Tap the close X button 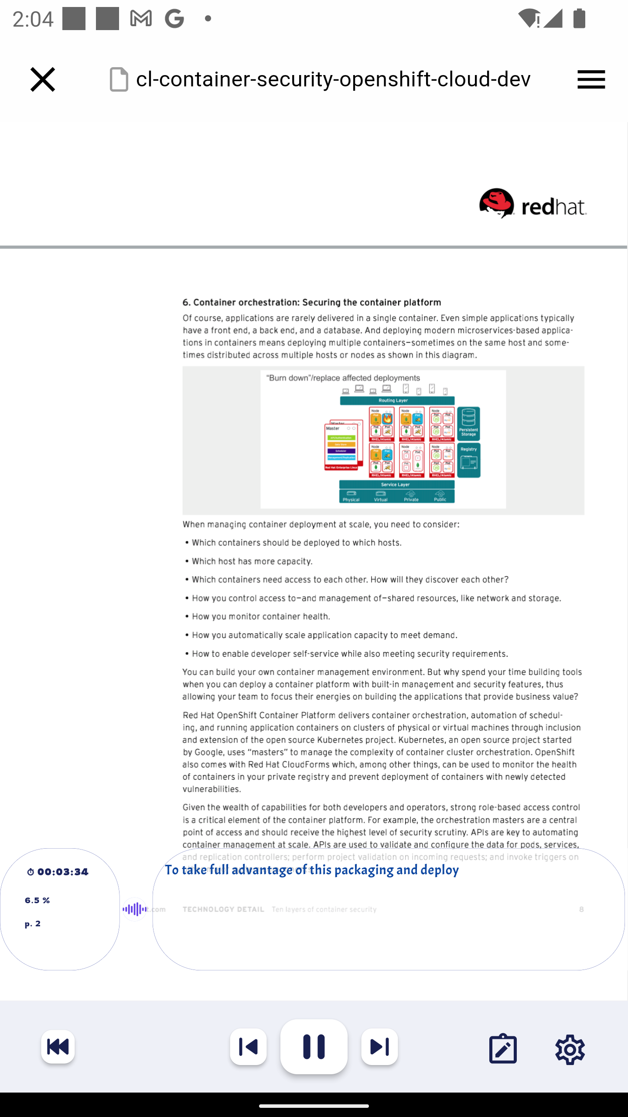tap(43, 79)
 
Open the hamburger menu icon tap(591, 79)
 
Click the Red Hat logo tap(532, 204)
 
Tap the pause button tap(314, 1046)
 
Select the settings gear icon tap(570, 1049)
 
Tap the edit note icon tap(503, 1048)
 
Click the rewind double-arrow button tap(58, 1047)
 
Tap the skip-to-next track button tap(379, 1047)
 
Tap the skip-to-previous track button tap(249, 1047)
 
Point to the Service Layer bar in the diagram tap(396, 484)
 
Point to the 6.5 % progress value tap(38, 900)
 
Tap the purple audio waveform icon tap(134, 909)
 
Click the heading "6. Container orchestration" tap(312, 302)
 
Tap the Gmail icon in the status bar tap(141, 19)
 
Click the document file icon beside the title tap(119, 79)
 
